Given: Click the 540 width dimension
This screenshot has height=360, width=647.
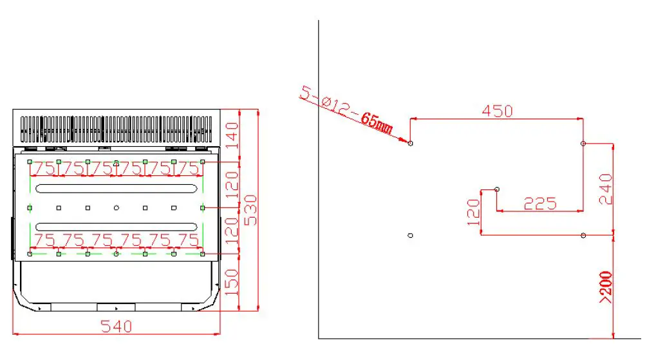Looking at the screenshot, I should [x=117, y=327].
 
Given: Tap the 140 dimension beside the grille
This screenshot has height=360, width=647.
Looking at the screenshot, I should [x=232, y=135].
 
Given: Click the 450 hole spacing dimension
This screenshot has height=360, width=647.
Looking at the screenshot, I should [x=498, y=111].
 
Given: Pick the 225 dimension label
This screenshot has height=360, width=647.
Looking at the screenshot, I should [x=539, y=204].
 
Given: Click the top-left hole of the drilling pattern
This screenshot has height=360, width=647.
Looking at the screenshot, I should [x=411, y=143].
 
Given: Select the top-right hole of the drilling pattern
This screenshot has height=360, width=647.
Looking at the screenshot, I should [x=583, y=143].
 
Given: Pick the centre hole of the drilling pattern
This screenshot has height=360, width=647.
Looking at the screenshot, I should [x=497, y=189].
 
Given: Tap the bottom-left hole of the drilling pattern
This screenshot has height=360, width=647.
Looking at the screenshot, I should [x=411, y=235].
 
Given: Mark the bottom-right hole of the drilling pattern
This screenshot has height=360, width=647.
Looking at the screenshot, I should [x=583, y=235].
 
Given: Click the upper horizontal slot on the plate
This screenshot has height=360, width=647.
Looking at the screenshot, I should [x=117, y=187].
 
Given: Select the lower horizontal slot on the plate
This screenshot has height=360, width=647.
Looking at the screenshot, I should [x=117, y=226].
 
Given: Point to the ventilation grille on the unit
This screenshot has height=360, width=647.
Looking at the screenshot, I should [x=117, y=129].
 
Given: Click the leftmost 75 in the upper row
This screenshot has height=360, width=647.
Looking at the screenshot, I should [x=44, y=169].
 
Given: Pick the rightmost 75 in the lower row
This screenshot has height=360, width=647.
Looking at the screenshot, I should [x=188, y=241].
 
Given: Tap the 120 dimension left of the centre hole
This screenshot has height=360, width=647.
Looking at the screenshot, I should [x=473, y=211].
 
